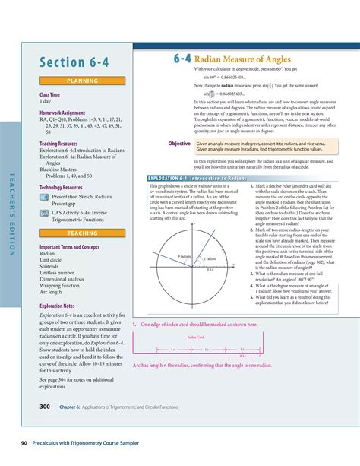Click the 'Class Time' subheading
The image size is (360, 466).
pos(50,94)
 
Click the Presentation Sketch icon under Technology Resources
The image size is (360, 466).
pos(44,195)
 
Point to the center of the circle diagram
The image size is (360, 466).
pos(195,265)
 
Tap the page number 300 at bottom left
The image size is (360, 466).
pos(45,407)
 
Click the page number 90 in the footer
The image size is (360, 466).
pos(14,442)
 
